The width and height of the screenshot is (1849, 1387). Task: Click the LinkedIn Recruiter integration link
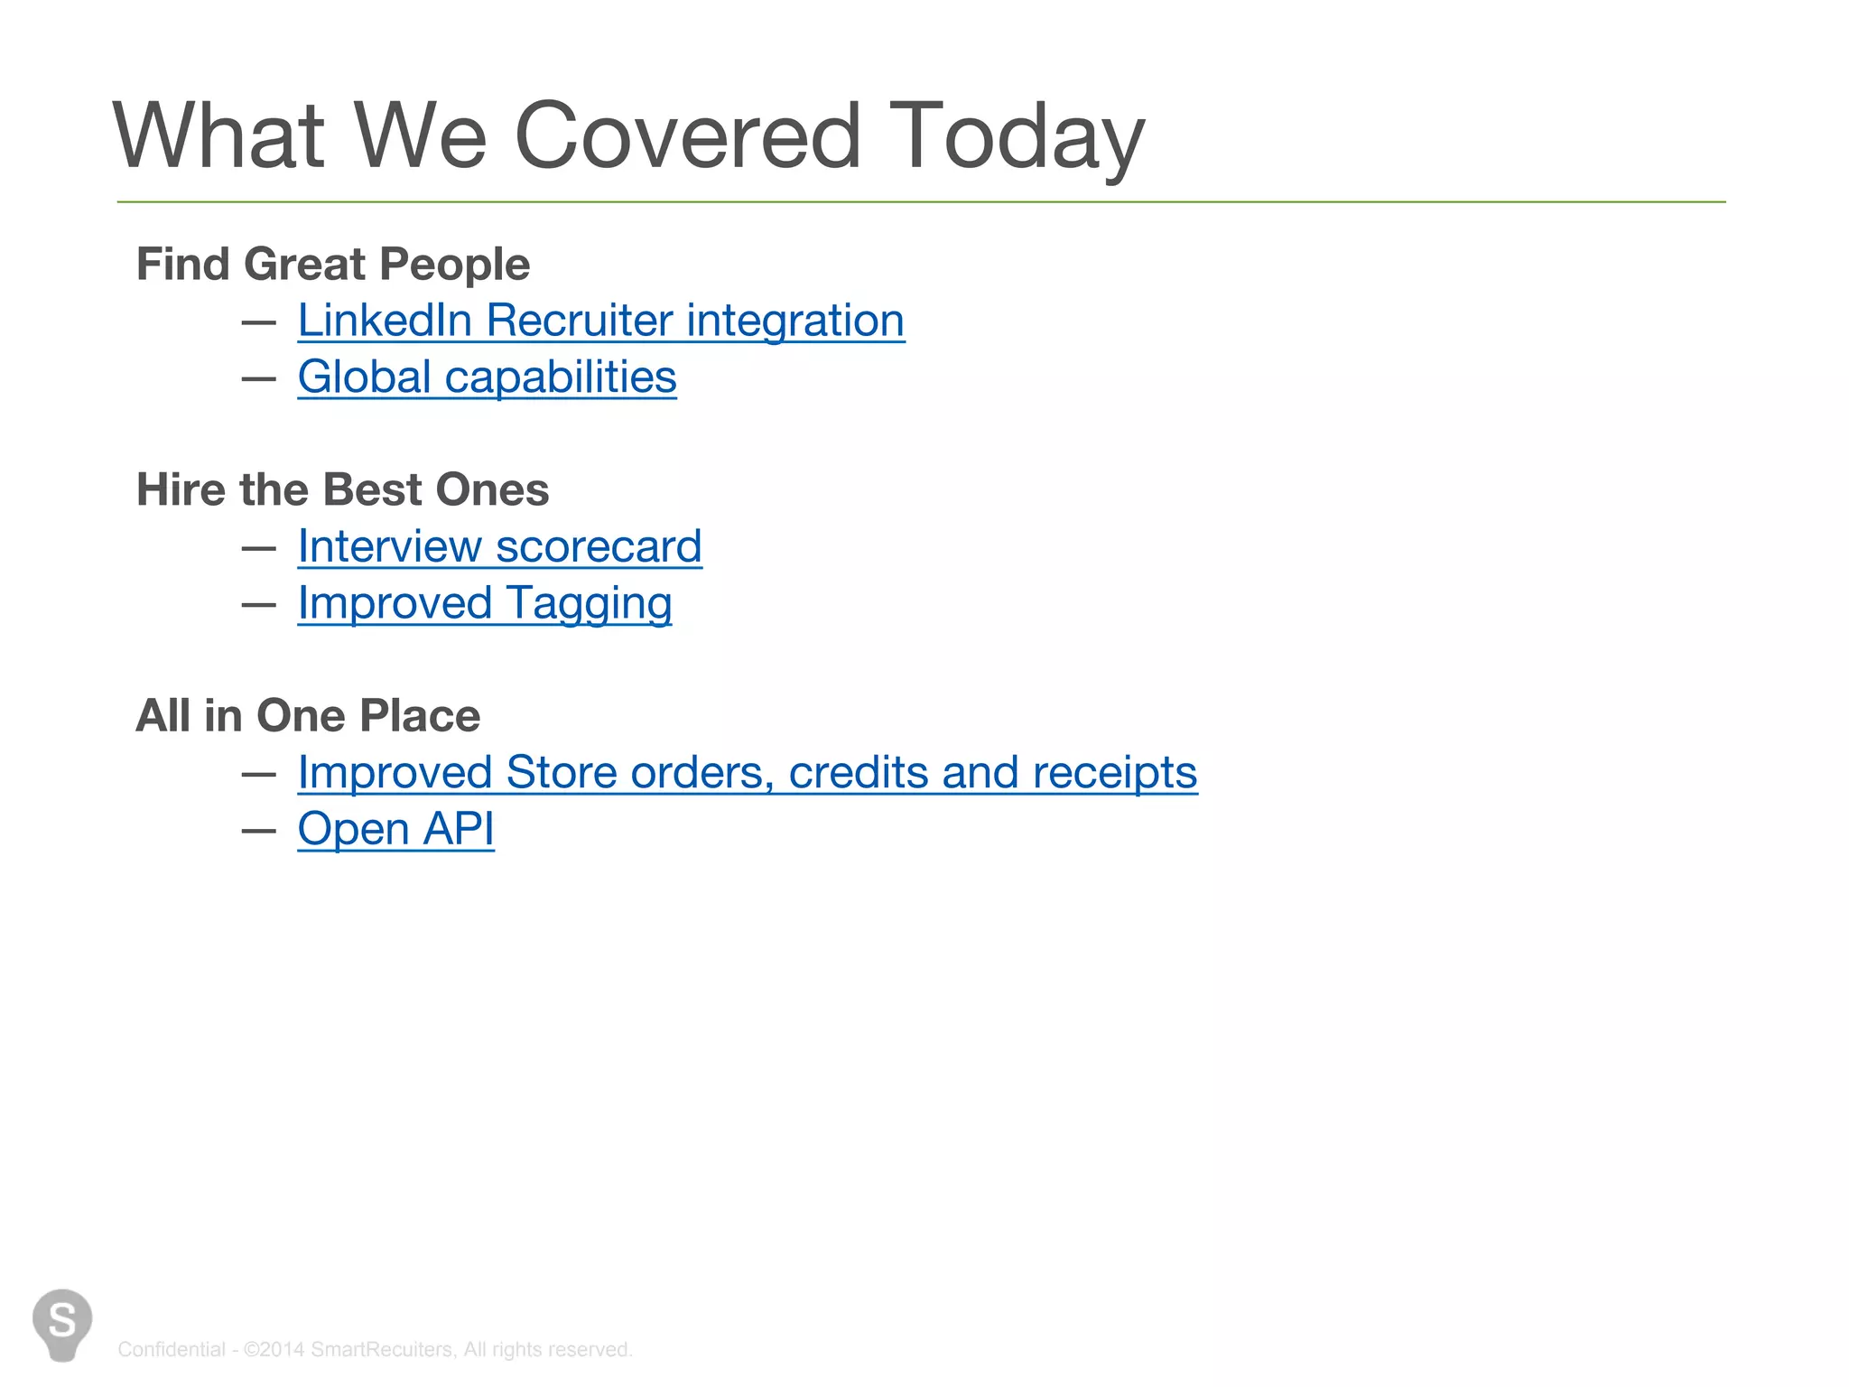coord(600,321)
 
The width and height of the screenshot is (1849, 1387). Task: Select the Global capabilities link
coord(487,377)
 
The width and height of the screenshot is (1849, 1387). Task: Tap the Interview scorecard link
coord(499,547)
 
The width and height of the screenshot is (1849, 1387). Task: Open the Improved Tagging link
coord(485,603)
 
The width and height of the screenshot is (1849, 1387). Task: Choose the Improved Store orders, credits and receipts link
coord(747,773)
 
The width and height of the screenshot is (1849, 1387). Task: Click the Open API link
coord(395,829)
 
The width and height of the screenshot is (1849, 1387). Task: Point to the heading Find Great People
coord(332,265)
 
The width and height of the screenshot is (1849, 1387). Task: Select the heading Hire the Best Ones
coord(342,490)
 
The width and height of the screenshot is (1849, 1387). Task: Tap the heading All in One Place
coord(308,716)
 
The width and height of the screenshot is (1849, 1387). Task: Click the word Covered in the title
coord(686,136)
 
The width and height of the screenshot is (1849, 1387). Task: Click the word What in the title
coord(218,136)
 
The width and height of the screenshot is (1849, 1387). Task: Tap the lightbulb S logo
coord(62,1323)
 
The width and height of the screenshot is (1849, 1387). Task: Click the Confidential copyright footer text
coord(375,1349)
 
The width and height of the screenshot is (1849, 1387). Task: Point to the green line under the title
coord(921,202)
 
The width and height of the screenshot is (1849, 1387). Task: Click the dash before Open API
coord(258,830)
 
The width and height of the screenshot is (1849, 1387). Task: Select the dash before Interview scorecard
coord(258,548)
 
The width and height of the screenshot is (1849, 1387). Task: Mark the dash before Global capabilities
coord(258,378)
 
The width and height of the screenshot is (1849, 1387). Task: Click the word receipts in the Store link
coord(1114,773)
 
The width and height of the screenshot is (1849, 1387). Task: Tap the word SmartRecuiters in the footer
coord(382,1349)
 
